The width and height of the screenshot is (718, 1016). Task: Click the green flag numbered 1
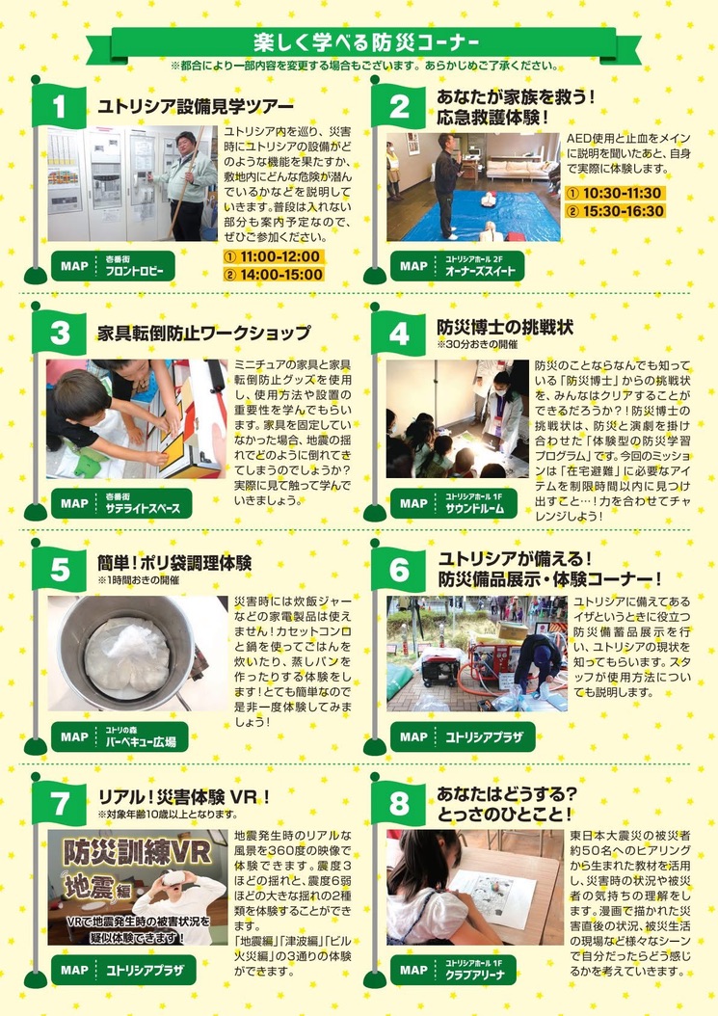click(x=59, y=106)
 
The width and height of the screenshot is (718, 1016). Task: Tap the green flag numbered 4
click(x=398, y=334)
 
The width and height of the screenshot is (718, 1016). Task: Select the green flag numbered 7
click(x=59, y=804)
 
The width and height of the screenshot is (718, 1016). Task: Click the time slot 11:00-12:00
click(x=274, y=256)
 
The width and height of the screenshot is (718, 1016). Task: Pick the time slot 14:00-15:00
click(x=274, y=274)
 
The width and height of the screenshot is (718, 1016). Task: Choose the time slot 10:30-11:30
click(x=615, y=193)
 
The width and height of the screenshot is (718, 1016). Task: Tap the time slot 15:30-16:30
click(x=615, y=211)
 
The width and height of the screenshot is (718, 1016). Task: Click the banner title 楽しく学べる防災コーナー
click(x=367, y=42)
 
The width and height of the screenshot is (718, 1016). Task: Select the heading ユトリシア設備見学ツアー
click(x=195, y=106)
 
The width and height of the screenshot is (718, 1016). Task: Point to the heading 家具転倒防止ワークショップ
click(x=204, y=334)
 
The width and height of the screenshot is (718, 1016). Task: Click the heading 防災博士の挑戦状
click(x=505, y=327)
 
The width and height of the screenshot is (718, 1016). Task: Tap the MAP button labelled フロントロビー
click(x=114, y=266)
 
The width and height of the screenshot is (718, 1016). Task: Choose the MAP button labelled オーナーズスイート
click(x=457, y=266)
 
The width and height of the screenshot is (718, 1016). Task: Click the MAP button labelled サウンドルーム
click(x=454, y=503)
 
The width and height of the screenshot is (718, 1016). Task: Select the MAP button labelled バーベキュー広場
click(x=120, y=737)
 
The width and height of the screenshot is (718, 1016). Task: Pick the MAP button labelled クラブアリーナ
click(x=453, y=970)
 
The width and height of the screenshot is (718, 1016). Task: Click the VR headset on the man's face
click(x=173, y=878)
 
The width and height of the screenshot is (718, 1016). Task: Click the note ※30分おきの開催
click(x=477, y=345)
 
